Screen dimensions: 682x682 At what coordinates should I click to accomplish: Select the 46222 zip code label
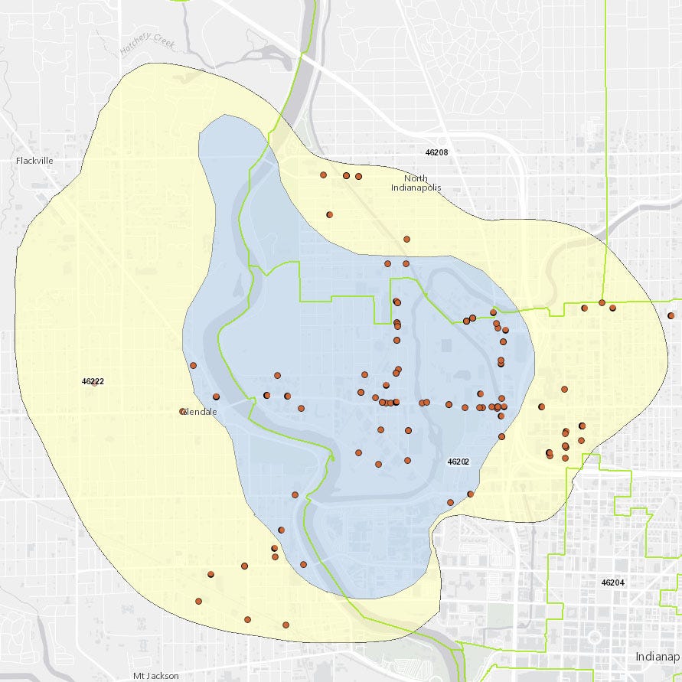pos(93,380)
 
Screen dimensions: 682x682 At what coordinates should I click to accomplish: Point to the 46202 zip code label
pos(458,462)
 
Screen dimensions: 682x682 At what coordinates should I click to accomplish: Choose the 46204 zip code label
pos(613,582)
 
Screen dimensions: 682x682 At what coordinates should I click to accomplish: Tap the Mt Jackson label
pos(155,676)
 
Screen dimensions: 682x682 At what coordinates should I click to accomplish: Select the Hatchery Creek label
pos(148,45)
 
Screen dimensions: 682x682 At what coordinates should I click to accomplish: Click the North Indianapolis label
pos(416,183)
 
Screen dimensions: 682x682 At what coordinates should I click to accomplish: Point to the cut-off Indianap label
pos(658,657)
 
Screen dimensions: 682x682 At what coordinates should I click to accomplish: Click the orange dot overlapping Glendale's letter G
pos(183,412)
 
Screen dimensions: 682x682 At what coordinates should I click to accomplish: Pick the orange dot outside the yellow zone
pos(671,315)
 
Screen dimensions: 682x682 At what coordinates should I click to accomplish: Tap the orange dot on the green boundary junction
pos(602,302)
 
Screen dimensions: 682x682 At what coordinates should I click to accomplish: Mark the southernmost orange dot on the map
pos(286,625)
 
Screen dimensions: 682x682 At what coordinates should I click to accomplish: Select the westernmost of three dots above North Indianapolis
pos(323,175)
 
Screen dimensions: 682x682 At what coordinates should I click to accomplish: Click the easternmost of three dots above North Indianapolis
pos(358,177)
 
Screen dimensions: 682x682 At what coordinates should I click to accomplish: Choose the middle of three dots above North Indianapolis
pos(346,175)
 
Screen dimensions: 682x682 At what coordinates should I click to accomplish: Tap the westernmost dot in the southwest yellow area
pos(198,602)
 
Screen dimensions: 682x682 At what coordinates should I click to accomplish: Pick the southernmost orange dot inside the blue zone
pos(303,565)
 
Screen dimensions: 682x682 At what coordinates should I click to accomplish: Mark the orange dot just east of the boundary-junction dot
pos(612,308)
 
